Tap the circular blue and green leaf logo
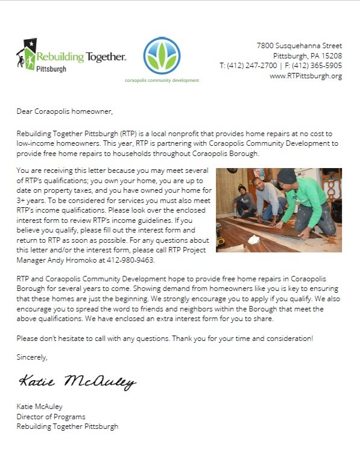pyautogui.click(x=161, y=56)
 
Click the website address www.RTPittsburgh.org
pyautogui.click(x=306, y=76)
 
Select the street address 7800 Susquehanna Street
pyautogui.click(x=299, y=45)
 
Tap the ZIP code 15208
pyautogui.click(x=331, y=55)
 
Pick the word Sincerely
pyautogui.click(x=31, y=357)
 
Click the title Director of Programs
pyautogui.click(x=51, y=416)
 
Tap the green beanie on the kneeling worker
pyautogui.click(x=287, y=176)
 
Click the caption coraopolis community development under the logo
pyautogui.click(x=161, y=80)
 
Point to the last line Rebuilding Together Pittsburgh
pyautogui.click(x=67, y=426)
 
